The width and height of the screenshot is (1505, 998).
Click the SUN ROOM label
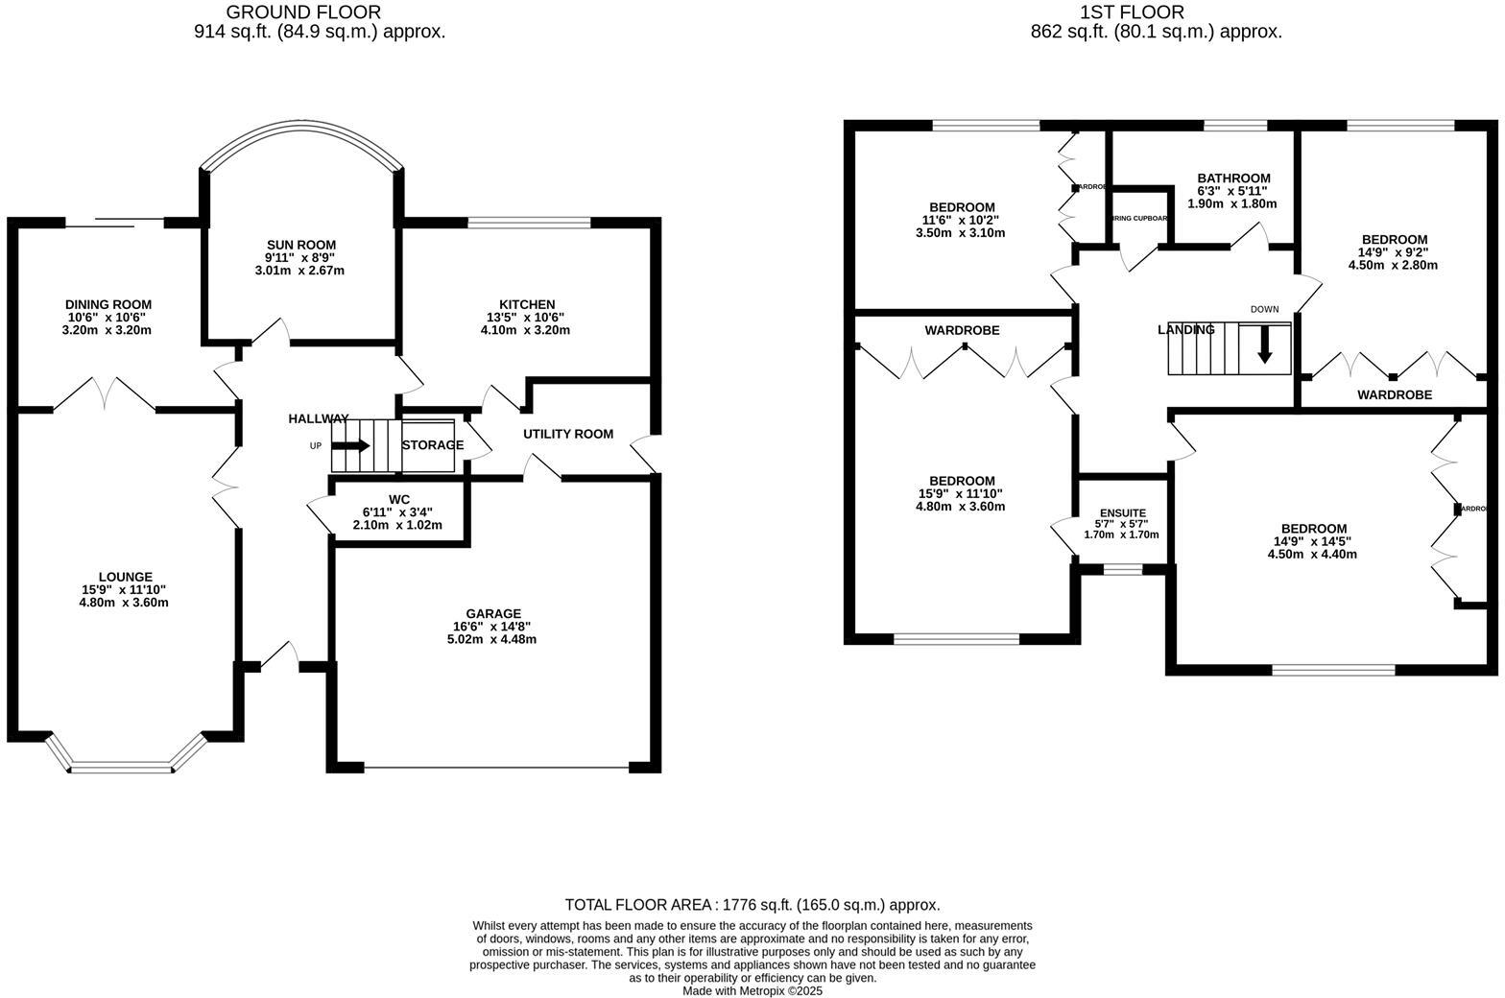pyautogui.click(x=301, y=246)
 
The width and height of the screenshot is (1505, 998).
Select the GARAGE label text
pyautogui.click(x=492, y=614)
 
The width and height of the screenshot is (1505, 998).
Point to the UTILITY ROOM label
pyautogui.click(x=567, y=434)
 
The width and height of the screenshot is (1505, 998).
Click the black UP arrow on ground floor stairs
pyautogui.click(x=350, y=445)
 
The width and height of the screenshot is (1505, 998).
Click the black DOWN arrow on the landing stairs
pyautogui.click(x=1264, y=345)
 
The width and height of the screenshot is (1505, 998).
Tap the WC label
pyautogui.click(x=399, y=499)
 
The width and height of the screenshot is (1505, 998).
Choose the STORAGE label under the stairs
pyautogui.click(x=432, y=445)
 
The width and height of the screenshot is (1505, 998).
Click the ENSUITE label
pyautogui.click(x=1122, y=513)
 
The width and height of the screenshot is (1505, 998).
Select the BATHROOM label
pyautogui.click(x=1233, y=178)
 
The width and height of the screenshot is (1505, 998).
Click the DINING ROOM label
pyautogui.click(x=108, y=305)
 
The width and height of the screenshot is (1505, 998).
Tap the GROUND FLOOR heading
pyautogui.click(x=303, y=12)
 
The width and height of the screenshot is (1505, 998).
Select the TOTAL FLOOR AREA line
pyautogui.click(x=752, y=905)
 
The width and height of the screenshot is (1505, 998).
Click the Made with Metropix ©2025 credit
pyautogui.click(x=752, y=991)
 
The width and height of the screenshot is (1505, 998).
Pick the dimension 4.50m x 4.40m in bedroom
pyautogui.click(x=1312, y=554)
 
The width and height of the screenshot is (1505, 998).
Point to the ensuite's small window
pyautogui.click(x=1122, y=570)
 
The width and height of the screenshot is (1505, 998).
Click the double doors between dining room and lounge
pyautogui.click(x=104, y=395)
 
